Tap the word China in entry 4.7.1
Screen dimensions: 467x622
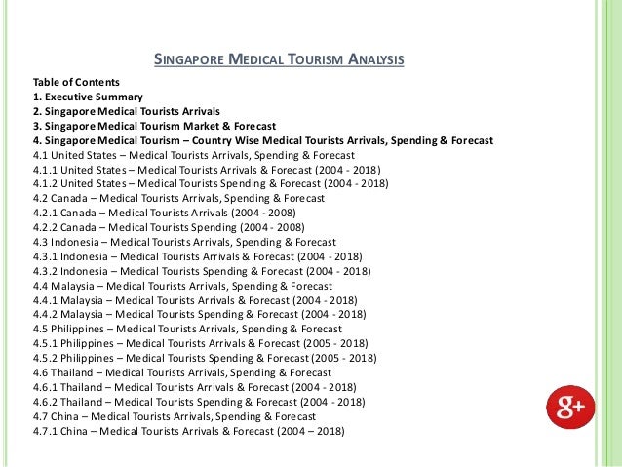78,431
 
